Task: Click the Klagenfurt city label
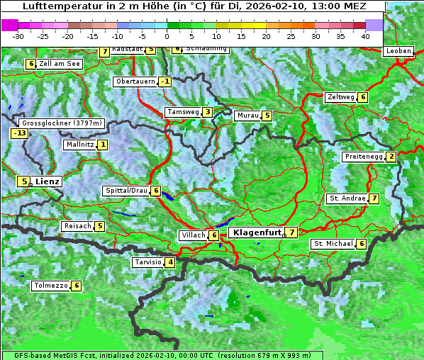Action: click(x=255, y=232)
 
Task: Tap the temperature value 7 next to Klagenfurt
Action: click(x=291, y=232)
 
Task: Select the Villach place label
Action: click(x=192, y=235)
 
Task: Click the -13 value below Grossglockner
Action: click(x=19, y=133)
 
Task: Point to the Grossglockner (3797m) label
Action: click(x=62, y=123)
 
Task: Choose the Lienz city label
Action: click(x=47, y=181)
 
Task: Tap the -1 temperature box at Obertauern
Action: click(x=164, y=81)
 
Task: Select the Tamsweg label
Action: click(x=182, y=112)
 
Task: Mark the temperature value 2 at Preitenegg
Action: click(x=391, y=157)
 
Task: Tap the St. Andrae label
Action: click(x=347, y=198)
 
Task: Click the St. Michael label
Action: click(x=333, y=244)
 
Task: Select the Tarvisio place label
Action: click(x=147, y=262)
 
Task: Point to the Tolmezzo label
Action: click(x=50, y=286)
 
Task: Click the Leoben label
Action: click(x=398, y=51)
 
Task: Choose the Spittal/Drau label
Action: click(x=126, y=191)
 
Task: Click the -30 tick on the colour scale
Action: click(x=18, y=36)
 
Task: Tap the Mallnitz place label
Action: click(x=79, y=145)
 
